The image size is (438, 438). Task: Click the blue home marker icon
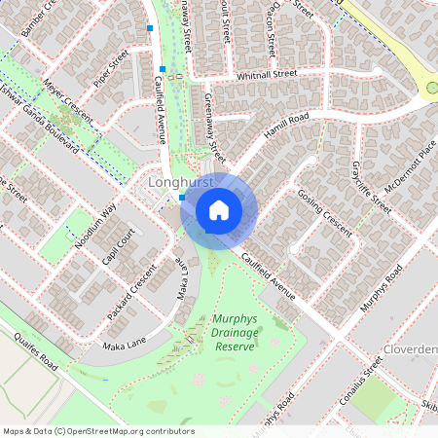tap(219, 210)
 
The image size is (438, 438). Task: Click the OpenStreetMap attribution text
tap(97, 430)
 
